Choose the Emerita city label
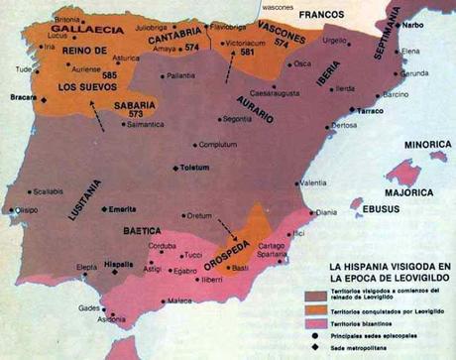pyautogui.click(x=124, y=209)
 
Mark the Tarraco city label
pyautogui.click(x=369, y=111)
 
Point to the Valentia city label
pyautogui.click(x=312, y=182)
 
